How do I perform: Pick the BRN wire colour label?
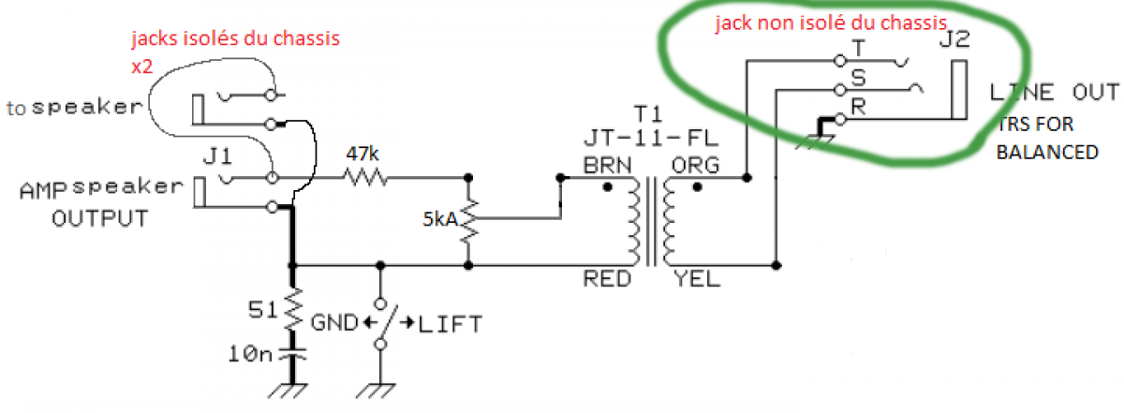point(602,166)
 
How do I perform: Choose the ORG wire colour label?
point(692,166)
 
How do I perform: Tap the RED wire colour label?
point(602,277)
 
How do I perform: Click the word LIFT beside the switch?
point(451,325)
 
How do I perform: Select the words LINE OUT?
point(1053,92)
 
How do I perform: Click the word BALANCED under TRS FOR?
point(1045,152)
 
